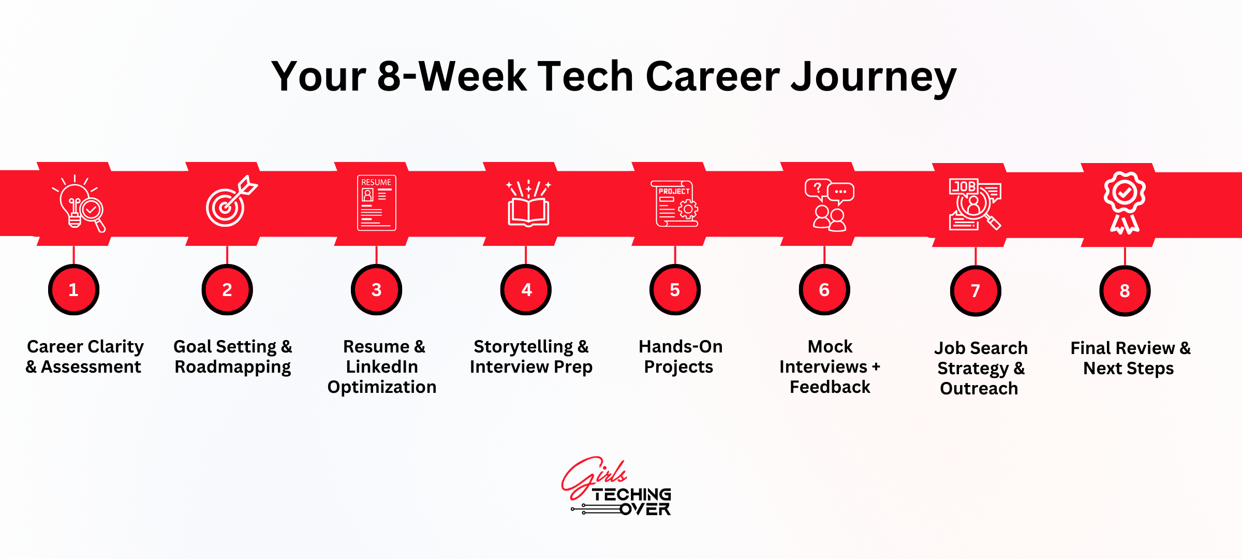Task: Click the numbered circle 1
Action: (x=74, y=290)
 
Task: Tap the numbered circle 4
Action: (x=526, y=290)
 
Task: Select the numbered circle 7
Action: (x=975, y=291)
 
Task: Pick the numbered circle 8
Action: (x=1125, y=291)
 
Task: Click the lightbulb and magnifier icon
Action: (x=79, y=203)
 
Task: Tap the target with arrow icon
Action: (x=231, y=201)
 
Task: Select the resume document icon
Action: (x=377, y=203)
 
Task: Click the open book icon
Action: (x=528, y=203)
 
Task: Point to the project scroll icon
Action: (x=674, y=203)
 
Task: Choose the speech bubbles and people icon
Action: (x=829, y=205)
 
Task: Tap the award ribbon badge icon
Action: (x=1125, y=203)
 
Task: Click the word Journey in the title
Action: (x=874, y=77)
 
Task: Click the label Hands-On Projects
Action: (x=680, y=356)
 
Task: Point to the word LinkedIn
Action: (x=382, y=366)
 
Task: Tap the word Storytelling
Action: (x=523, y=347)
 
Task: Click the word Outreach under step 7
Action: (x=979, y=388)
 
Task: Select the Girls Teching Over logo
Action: (x=617, y=487)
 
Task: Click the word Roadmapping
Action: (x=233, y=367)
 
